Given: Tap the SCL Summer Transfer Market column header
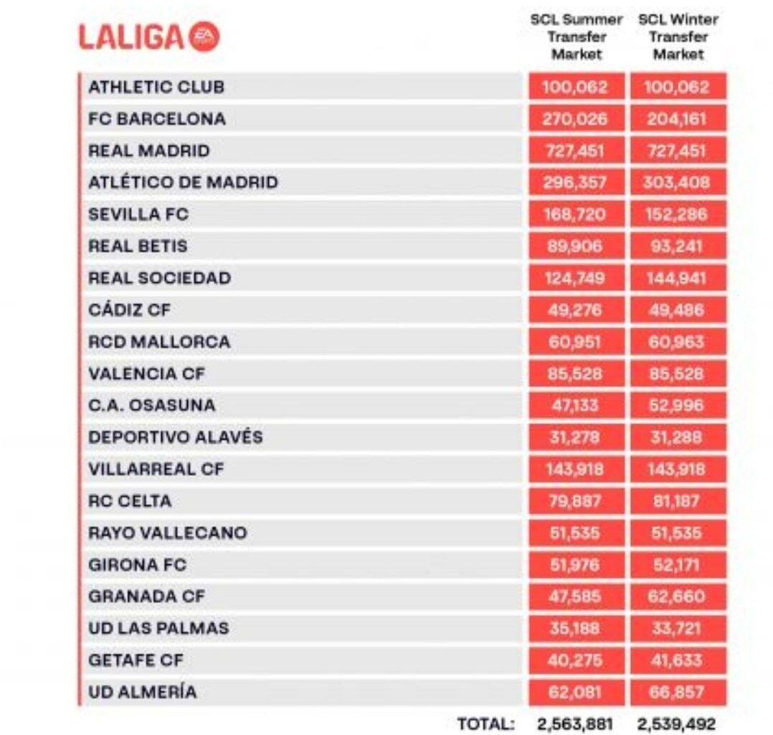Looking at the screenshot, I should point(577,37).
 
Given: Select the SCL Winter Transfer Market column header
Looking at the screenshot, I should point(678,37).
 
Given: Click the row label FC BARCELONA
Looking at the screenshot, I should point(156,119).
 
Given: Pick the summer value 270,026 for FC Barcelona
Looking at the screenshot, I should point(575,119).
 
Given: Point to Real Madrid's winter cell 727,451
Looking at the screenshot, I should point(678,151).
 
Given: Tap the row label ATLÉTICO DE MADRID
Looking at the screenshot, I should point(183,182).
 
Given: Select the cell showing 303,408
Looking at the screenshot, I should point(678,182).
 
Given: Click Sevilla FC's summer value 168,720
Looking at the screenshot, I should point(575,214).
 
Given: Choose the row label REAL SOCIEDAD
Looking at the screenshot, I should point(159,278).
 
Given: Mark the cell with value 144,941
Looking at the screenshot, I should point(678,278).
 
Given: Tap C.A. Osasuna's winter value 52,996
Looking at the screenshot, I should point(678,406).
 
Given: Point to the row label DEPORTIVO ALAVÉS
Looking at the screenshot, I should point(176,437).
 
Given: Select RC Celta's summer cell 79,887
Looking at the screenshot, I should point(575,501).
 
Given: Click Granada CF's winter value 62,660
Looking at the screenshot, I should point(678,596).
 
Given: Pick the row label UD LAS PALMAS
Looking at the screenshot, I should point(158,628).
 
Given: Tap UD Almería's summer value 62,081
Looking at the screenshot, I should point(575,692).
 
